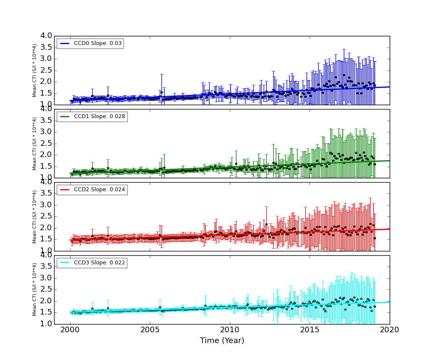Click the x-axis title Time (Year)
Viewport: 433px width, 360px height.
222,341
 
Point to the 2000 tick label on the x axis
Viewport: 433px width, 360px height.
70,330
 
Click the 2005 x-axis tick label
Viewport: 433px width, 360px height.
150,330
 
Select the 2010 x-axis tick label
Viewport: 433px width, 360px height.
230,330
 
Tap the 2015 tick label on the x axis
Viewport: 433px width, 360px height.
310,330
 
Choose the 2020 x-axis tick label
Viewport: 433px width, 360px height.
390,330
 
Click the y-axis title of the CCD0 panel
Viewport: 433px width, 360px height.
35,70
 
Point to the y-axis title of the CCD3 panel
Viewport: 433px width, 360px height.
35,289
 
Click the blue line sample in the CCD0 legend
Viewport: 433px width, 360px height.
65,44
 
